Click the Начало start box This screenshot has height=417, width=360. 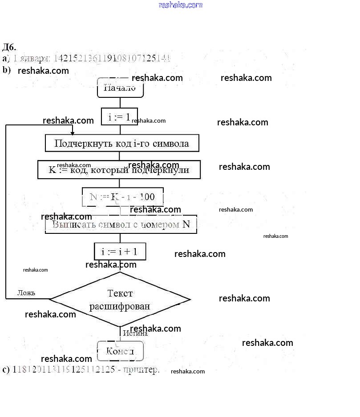pyautogui.click(x=120, y=88)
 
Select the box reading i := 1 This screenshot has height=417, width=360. pyautogui.click(x=120, y=117)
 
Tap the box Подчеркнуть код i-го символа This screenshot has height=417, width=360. pyautogui.click(x=121, y=143)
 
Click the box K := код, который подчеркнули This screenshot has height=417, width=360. pyautogui.click(x=119, y=170)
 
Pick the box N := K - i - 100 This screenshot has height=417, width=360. pyautogui.click(x=123, y=197)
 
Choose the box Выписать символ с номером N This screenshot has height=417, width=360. pyautogui.click(x=121, y=225)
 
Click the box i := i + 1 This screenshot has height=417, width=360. pyautogui.click(x=120, y=252)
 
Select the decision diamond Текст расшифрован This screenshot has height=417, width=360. pyautogui.click(x=120, y=299)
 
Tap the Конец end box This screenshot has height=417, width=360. pyautogui.click(x=120, y=351)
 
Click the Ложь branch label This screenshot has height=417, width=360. pyautogui.click(x=26, y=293)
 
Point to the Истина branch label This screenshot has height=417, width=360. pyautogui.click(x=135, y=333)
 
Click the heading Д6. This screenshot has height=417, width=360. pyautogui.click(x=9, y=47)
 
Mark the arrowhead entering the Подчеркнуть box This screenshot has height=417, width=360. pyautogui.click(x=72, y=132)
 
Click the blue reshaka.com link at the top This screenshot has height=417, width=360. pyautogui.click(x=180, y=5)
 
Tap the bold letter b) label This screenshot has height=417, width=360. pyautogui.click(x=6, y=70)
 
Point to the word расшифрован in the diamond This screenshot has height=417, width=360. pyautogui.click(x=120, y=306)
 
